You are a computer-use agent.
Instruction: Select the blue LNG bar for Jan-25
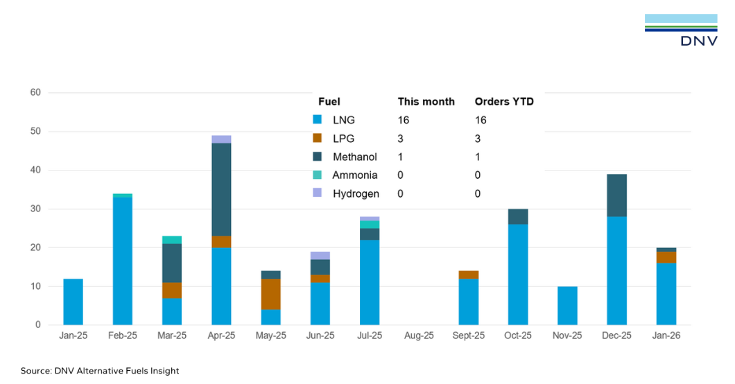[73, 302]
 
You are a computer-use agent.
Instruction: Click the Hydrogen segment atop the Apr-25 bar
[221, 139]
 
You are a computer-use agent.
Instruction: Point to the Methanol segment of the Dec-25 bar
[616, 195]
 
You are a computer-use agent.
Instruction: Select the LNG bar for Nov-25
[567, 306]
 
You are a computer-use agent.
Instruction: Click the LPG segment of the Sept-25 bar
[468, 274]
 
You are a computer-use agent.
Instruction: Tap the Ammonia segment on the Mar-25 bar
[172, 240]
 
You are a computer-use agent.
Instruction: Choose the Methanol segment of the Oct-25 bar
[518, 217]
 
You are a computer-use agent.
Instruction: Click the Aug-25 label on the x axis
[419, 335]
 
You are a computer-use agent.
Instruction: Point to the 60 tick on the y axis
[35, 93]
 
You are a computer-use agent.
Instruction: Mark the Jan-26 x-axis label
[666, 335]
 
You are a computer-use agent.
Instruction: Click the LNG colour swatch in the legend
[318, 120]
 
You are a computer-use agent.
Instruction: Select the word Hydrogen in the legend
[356, 194]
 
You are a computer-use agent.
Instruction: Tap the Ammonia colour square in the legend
[318, 175]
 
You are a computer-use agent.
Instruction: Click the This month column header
[426, 102]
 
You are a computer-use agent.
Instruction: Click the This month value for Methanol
[400, 157]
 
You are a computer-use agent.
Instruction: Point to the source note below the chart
[100, 371]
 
